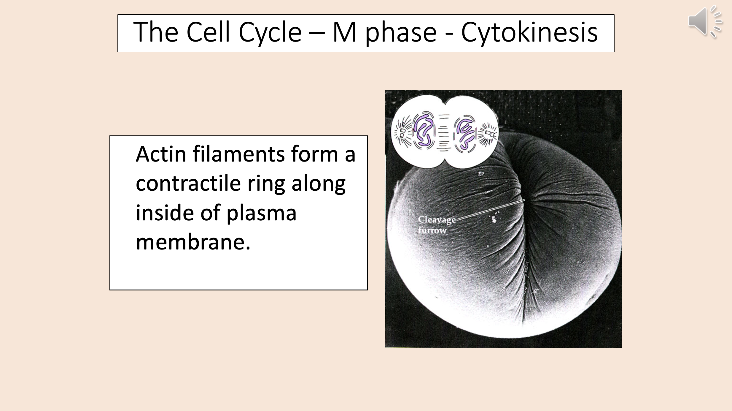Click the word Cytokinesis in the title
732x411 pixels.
click(529, 33)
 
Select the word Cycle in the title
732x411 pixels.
click(270, 33)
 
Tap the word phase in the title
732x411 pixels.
click(401, 33)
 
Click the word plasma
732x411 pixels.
click(261, 214)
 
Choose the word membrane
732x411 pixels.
click(193, 242)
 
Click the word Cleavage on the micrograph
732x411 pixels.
click(437, 220)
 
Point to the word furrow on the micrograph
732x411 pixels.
click(432, 230)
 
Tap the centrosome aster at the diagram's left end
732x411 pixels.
click(402, 133)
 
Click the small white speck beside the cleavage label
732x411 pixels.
click(494, 219)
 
